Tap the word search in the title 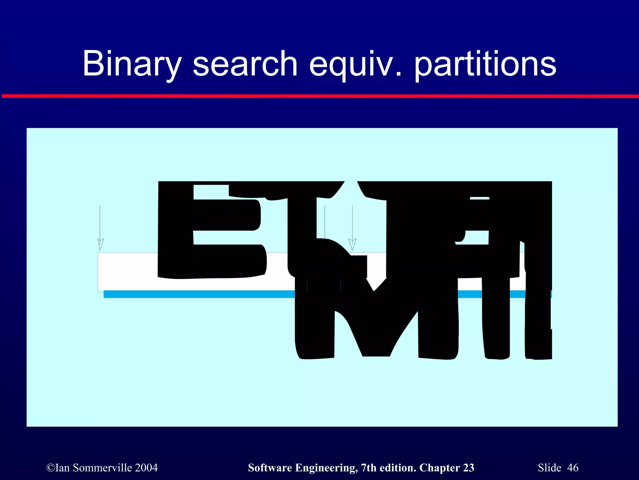[245, 64]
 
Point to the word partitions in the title [485, 64]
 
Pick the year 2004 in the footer [146, 468]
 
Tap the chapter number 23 [468, 468]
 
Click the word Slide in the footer [549, 468]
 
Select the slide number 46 [573, 468]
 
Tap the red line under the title [319, 96]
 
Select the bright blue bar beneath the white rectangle [200, 294]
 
